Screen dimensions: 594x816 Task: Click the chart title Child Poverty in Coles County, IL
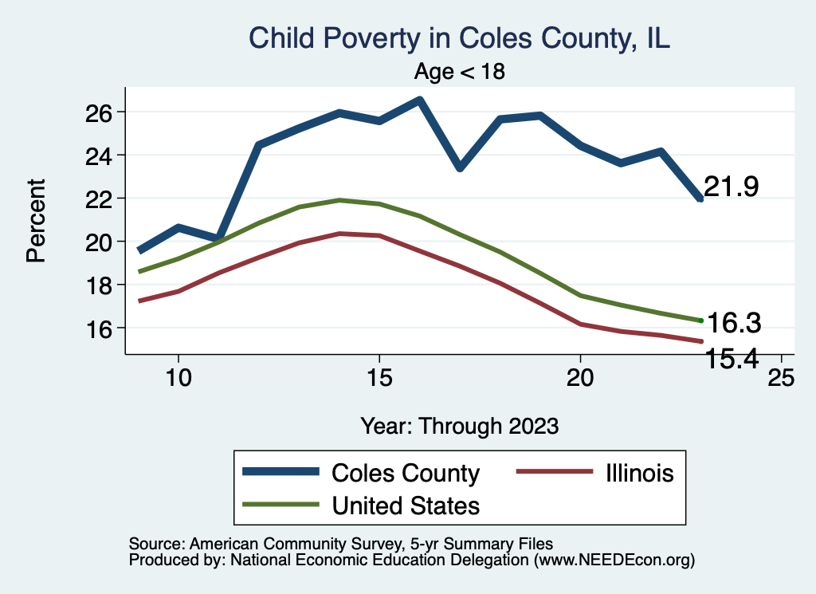[x=459, y=38]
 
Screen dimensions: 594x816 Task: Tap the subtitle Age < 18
[x=460, y=72]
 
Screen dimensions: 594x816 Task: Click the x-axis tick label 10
[x=178, y=378]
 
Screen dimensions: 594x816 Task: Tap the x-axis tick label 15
[x=379, y=378]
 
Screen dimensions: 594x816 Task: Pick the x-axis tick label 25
[x=780, y=378]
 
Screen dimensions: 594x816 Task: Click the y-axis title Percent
[x=35, y=220]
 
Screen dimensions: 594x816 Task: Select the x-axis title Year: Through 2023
[x=459, y=425]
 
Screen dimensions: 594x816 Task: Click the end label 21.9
[x=731, y=187]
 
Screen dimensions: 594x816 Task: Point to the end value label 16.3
[x=734, y=324]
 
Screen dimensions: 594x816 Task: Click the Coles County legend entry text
[x=406, y=473]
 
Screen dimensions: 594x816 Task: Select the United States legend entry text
[x=406, y=505]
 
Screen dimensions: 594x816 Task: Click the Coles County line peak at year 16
[x=420, y=100]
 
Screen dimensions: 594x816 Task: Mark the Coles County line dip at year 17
[x=460, y=167]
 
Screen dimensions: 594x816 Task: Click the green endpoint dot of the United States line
[x=700, y=321]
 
